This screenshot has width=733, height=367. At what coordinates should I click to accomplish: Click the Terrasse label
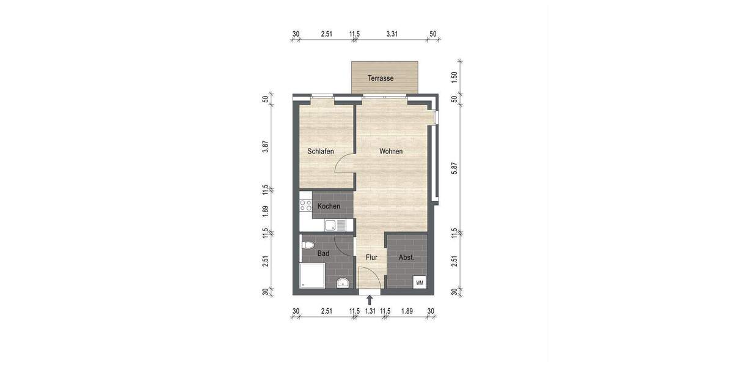[x=380, y=78]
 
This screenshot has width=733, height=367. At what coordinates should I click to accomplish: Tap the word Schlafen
[x=321, y=151]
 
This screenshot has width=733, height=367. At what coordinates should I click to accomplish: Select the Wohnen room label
[x=391, y=151]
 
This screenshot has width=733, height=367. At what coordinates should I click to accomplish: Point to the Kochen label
[x=329, y=207]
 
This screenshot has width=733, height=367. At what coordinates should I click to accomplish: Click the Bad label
[x=324, y=253]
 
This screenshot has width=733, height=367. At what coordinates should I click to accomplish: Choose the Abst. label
[x=407, y=258]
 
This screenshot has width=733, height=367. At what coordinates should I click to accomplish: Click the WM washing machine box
[x=420, y=283]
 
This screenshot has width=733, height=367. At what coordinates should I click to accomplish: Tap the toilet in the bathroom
[x=308, y=246]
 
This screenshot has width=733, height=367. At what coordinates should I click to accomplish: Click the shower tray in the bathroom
[x=313, y=276]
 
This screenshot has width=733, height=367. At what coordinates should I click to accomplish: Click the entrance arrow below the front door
[x=370, y=300]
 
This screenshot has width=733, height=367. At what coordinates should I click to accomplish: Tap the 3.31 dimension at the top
[x=392, y=34]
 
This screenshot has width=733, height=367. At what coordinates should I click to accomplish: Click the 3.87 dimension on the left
[x=265, y=147]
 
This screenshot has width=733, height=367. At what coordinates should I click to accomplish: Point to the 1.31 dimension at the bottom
[x=370, y=311]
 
